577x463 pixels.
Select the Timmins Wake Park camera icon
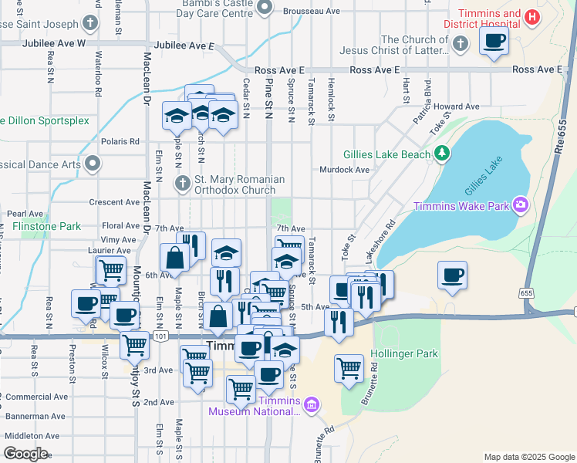pos(521,204)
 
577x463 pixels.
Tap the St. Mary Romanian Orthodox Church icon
pos(182,184)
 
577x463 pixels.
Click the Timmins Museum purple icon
pos(311,404)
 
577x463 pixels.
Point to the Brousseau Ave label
pos(311,12)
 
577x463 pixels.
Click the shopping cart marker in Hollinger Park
pos(349,367)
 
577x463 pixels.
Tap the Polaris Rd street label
pos(123,141)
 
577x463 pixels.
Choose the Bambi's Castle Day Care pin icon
pos(265,8)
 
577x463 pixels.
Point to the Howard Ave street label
pos(457,106)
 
